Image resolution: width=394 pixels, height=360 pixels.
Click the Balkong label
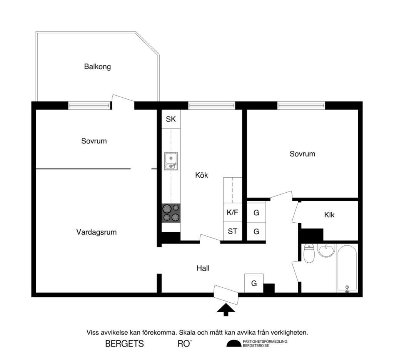pos(97,67)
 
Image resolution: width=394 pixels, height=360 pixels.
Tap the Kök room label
pos(201,175)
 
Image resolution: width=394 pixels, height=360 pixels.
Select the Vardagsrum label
pos(96,232)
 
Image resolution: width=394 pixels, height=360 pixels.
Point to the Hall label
pos(203,268)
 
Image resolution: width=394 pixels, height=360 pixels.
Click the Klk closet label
pos(329,215)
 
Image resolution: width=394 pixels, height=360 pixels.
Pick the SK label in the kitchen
pos(171,119)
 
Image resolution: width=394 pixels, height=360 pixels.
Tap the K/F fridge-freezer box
pos(232,212)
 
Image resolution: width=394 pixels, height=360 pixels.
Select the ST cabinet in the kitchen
pos(232,232)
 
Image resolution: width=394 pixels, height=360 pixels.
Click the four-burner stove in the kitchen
pos(171,213)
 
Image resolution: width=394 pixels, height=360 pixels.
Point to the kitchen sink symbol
pos(171,161)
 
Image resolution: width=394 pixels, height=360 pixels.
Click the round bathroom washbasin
pos(327,251)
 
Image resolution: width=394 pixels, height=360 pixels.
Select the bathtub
pos(347,268)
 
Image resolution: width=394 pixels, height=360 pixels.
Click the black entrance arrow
pos(226,310)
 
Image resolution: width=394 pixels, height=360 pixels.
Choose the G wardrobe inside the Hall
pos(254,283)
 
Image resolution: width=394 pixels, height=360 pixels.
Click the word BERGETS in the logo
pos(124,344)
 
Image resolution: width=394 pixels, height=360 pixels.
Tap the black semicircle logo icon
pos(234,343)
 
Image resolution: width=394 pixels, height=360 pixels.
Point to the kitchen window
pos(211,105)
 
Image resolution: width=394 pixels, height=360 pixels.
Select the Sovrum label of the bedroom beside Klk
pos(302,154)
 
